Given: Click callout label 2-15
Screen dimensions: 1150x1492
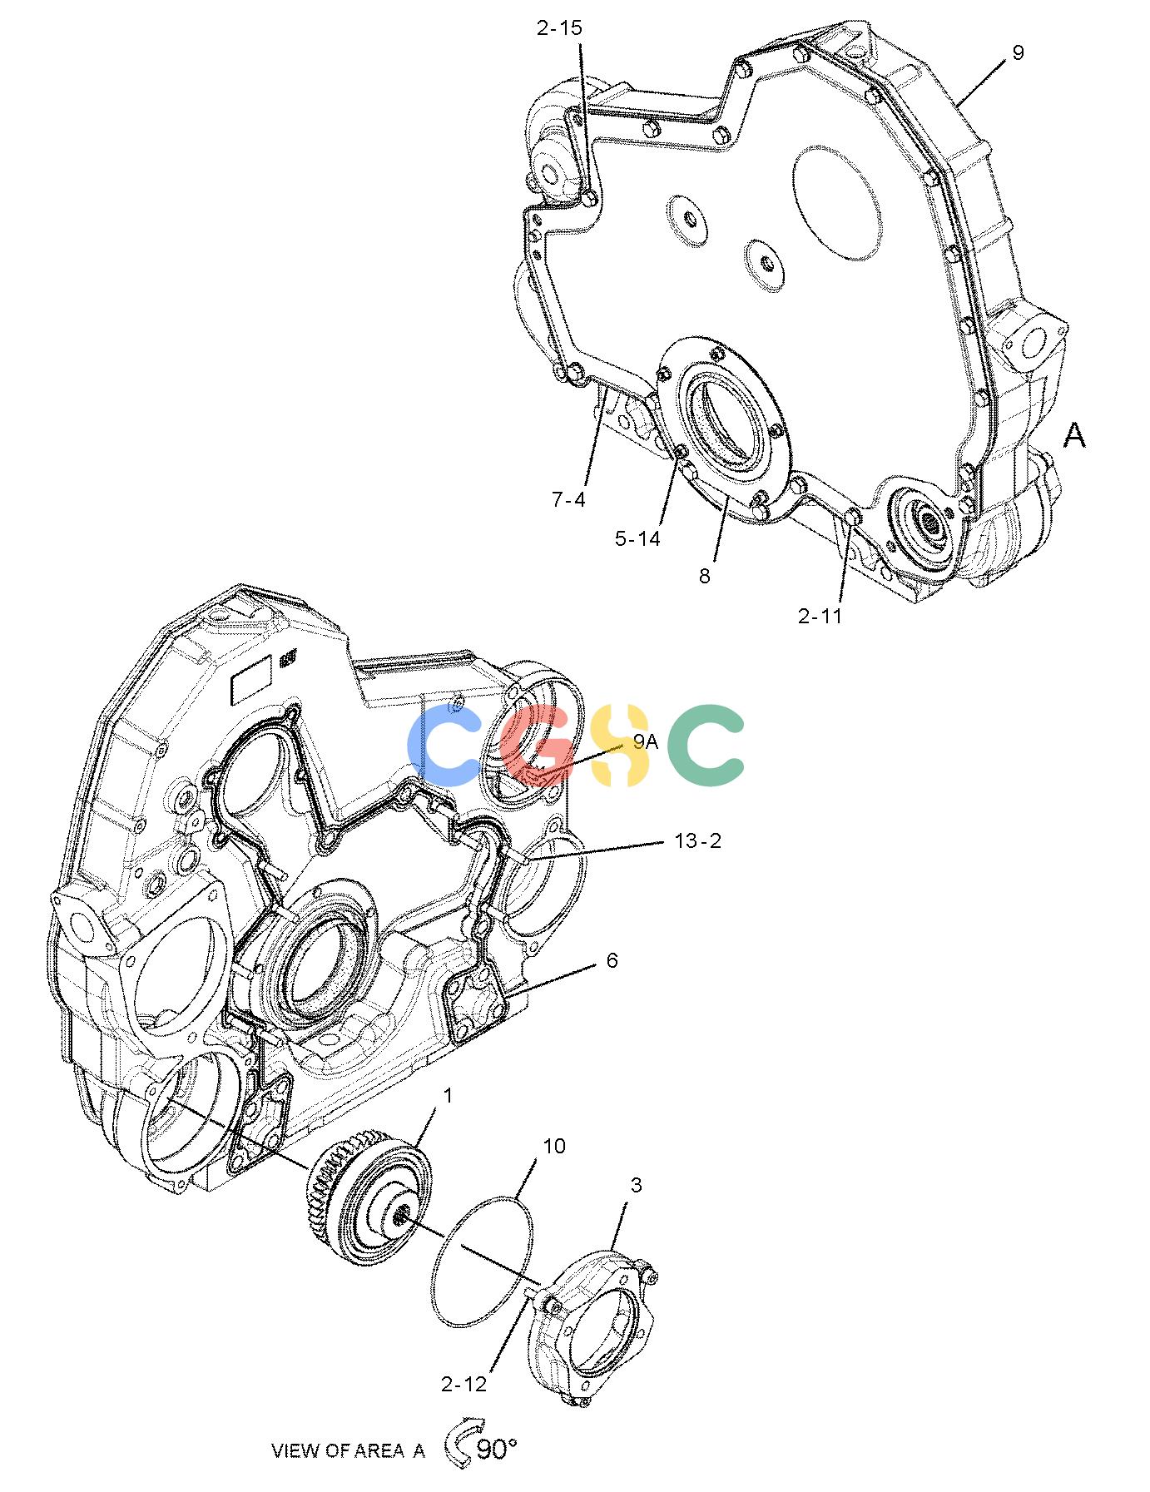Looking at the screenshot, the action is pos(559,28).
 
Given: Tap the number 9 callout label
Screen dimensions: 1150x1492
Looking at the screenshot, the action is pos(1018,52).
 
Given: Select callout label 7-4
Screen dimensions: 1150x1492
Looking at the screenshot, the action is pos(569,499).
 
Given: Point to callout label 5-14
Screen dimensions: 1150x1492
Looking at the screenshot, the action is pos(637,538).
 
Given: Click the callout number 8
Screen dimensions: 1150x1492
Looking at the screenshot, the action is pos(705,576).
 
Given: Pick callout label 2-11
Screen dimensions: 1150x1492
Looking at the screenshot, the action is pos(820,617).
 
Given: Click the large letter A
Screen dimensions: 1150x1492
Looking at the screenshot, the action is pos(1075,435).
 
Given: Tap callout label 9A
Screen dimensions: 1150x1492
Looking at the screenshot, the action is pos(645,742).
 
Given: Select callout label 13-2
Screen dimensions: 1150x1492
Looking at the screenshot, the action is pos(697,841).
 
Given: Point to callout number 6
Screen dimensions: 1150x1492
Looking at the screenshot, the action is pos(612,961).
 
